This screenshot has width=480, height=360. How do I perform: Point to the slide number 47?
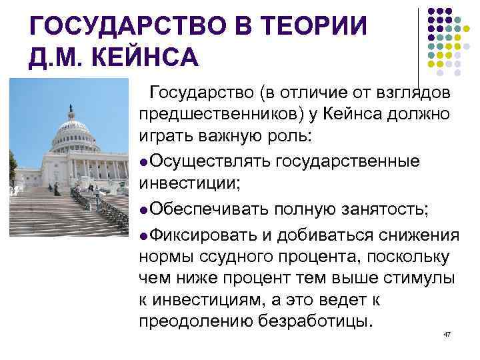click(x=447, y=333)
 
